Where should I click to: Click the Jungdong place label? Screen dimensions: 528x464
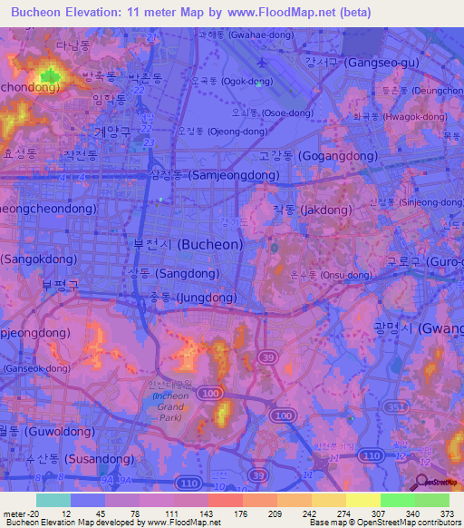[193, 297]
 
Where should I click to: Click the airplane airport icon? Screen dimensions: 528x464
[263, 64]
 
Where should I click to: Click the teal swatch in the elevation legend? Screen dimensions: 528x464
[53, 500]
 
